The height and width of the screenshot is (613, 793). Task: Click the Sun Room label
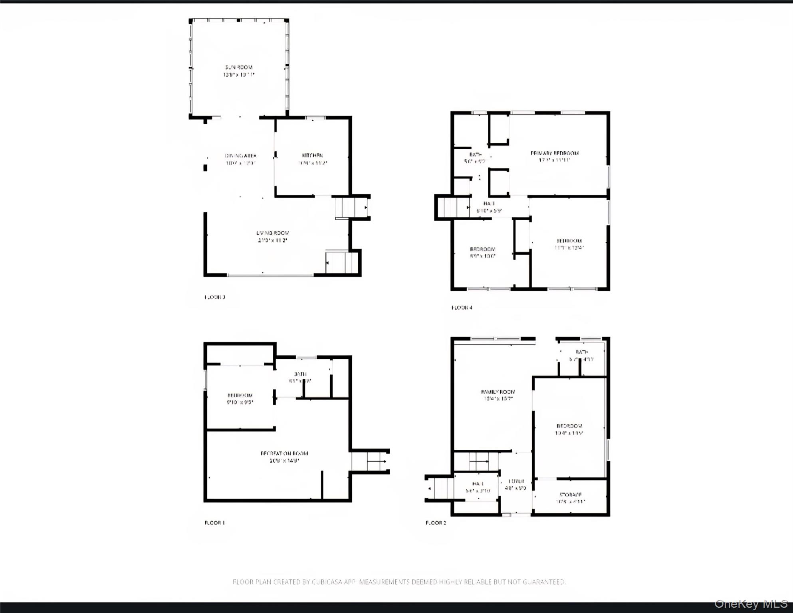pos(239,67)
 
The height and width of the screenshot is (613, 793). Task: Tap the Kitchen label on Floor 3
pos(312,156)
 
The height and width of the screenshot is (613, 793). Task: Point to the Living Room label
pos(273,233)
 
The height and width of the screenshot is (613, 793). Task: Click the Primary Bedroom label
pos(555,153)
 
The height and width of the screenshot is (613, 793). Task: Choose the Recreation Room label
pos(284,453)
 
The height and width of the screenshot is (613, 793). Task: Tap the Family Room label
pos(498,392)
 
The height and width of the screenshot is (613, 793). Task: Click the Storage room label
pos(571,494)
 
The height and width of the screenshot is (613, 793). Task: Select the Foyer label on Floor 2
pos(516,481)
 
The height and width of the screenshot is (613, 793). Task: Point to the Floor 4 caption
pos(462,308)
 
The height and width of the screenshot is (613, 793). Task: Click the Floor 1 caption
pos(215,523)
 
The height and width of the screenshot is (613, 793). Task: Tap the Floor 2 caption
pos(436,523)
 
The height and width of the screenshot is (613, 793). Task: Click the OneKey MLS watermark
pos(751,604)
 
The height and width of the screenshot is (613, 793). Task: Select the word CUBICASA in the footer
pos(327,582)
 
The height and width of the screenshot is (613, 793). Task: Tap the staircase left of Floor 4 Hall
pos(453,208)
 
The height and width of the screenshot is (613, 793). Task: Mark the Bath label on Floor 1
pos(300,374)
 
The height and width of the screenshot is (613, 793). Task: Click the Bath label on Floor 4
pos(475,155)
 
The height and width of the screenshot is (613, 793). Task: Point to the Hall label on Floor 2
pos(478,484)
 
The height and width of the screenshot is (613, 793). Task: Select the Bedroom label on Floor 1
pos(240,395)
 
